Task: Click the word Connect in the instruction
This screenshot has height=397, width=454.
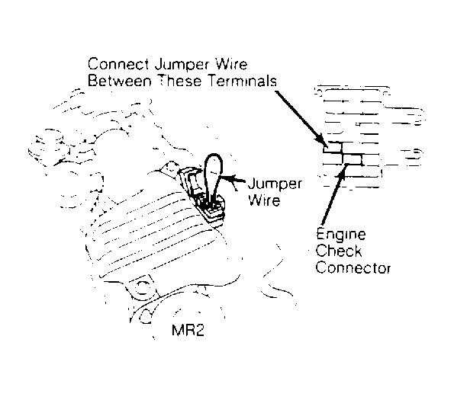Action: point(118,64)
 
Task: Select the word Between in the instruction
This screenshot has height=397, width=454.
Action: point(119,81)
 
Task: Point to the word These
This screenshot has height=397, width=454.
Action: point(180,81)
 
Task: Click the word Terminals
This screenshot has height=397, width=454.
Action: point(242,81)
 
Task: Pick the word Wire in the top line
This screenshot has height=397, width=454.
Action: point(232,64)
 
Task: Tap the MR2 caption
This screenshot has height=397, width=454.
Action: point(188,330)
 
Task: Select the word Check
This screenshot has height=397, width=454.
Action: point(339,251)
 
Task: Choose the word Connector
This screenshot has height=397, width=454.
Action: point(353,267)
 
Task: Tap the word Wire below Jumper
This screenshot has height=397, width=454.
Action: point(264,200)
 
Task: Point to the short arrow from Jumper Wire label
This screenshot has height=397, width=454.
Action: point(233,179)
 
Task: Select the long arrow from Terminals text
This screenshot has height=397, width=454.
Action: point(301,117)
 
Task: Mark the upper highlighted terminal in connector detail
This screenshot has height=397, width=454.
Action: point(333,147)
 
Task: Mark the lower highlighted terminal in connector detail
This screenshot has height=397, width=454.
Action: point(352,159)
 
